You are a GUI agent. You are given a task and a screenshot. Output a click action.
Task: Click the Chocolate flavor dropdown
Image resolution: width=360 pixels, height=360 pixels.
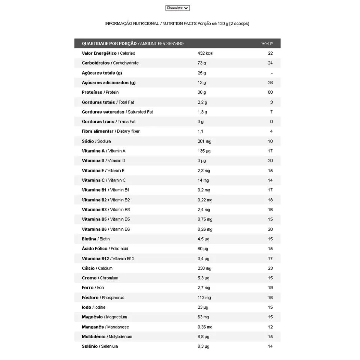177,8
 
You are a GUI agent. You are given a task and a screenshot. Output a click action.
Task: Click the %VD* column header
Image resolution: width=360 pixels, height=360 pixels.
267,43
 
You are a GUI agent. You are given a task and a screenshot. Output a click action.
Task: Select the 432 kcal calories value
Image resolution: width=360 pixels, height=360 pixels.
205,53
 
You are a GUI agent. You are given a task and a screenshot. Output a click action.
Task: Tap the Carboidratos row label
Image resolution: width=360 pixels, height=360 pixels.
96,63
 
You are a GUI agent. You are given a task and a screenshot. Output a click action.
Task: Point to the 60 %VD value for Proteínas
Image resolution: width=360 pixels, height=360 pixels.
270,92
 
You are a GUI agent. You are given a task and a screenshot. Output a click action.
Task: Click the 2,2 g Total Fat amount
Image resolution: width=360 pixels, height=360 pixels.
202,102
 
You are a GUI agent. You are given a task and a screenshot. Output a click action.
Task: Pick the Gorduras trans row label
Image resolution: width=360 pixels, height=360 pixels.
98,121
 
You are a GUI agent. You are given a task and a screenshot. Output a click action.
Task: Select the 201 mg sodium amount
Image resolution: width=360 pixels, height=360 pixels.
204,141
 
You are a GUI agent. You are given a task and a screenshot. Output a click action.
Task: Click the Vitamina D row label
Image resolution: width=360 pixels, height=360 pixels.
93,160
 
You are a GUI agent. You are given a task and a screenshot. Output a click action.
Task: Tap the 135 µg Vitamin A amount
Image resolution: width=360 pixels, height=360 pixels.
204,151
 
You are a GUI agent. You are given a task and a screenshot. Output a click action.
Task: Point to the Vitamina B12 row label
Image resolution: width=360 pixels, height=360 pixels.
95,258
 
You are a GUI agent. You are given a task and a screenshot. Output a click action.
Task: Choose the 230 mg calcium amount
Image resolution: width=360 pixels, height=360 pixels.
204,268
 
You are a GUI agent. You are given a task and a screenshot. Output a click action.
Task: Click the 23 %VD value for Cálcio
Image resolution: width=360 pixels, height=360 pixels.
270,268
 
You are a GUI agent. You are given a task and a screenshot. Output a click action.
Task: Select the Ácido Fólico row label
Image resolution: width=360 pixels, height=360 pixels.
95,249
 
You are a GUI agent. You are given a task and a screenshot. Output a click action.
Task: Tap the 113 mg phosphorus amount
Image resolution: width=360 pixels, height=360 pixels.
204,298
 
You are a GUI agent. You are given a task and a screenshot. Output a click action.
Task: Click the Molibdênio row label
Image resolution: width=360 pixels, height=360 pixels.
94,337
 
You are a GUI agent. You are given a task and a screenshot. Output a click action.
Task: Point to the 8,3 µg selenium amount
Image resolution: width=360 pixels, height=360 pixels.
203,346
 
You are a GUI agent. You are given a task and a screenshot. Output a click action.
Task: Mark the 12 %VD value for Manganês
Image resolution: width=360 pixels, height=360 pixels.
270,327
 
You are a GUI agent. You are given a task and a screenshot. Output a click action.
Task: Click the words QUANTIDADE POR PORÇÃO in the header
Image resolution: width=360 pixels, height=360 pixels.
109,43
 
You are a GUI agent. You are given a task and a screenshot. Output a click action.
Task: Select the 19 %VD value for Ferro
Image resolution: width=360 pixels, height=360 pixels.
270,288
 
